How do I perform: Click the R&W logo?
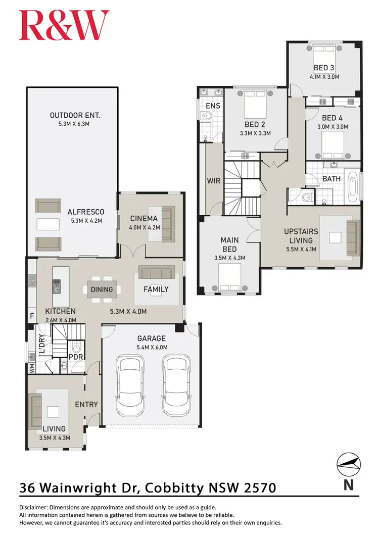pos(64,25)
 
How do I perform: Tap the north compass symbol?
pos(349,463)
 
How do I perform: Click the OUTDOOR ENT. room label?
pos(75,115)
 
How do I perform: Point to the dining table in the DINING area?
pos(102,289)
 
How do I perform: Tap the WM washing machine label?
pos(31,369)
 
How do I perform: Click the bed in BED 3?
pos(324,54)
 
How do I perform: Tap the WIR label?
pos(213,180)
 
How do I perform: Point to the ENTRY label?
pos(86,404)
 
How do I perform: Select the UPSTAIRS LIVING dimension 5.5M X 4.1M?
pos(301,250)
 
